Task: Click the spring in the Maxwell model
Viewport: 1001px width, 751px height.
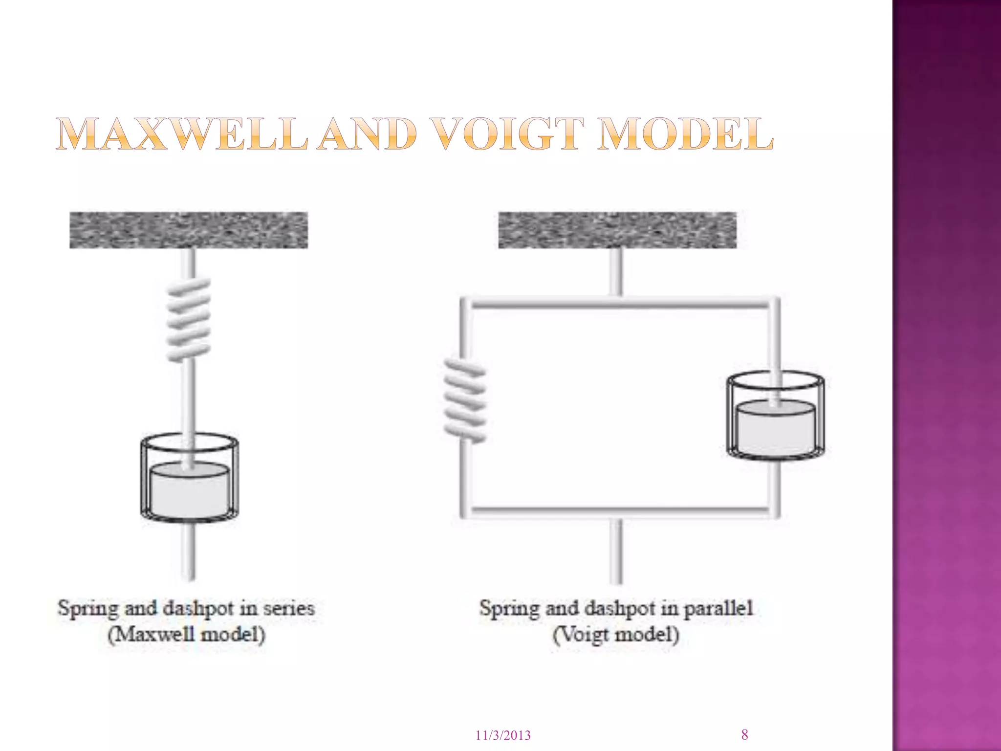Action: click(x=189, y=320)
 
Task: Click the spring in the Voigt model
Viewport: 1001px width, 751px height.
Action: click(x=465, y=400)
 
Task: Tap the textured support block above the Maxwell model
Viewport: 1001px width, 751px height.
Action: click(x=189, y=230)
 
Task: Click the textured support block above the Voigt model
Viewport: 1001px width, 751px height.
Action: click(x=617, y=230)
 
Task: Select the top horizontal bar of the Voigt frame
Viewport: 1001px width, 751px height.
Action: click(x=619, y=304)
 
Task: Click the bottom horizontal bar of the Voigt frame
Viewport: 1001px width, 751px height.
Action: click(x=619, y=511)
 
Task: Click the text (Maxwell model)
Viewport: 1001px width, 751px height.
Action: click(x=187, y=635)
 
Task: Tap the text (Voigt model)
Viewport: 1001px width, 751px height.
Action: click(x=616, y=635)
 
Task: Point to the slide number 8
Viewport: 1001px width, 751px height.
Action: click(x=744, y=735)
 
